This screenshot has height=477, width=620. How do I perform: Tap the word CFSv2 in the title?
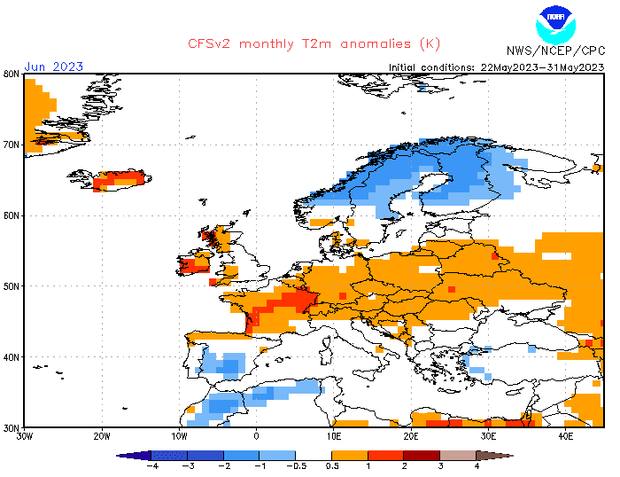pyautogui.click(x=212, y=44)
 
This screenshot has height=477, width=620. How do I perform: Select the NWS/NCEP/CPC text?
pyautogui.click(x=555, y=51)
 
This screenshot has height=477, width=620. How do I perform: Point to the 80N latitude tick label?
pyautogui.click(x=12, y=74)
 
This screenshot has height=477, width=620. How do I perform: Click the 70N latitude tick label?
pyautogui.click(x=12, y=145)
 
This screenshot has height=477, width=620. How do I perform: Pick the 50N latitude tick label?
pyautogui.click(x=12, y=286)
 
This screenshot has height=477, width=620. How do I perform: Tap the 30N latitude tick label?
pyautogui.click(x=12, y=427)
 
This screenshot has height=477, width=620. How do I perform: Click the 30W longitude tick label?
pyautogui.click(x=24, y=436)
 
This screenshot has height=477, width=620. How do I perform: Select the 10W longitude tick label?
pyautogui.click(x=179, y=436)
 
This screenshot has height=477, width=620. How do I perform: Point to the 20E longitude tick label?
pyautogui.click(x=411, y=436)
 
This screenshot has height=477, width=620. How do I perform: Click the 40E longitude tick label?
pyautogui.click(x=566, y=436)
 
